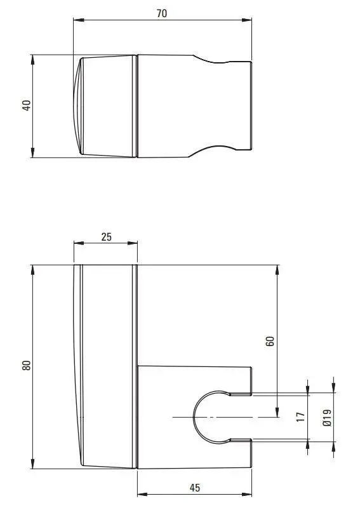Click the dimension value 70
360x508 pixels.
click(x=162, y=13)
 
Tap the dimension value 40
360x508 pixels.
click(x=27, y=105)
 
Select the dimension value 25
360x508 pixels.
click(x=106, y=237)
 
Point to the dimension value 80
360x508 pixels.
click(x=27, y=365)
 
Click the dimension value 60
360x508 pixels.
click(x=270, y=341)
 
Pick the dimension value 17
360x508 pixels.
click(x=301, y=417)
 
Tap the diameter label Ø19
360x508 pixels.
click(x=328, y=418)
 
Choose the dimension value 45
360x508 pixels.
click(x=195, y=488)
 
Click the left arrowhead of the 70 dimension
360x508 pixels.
click(x=79, y=20)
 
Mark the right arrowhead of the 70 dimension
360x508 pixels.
click(x=246, y=20)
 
